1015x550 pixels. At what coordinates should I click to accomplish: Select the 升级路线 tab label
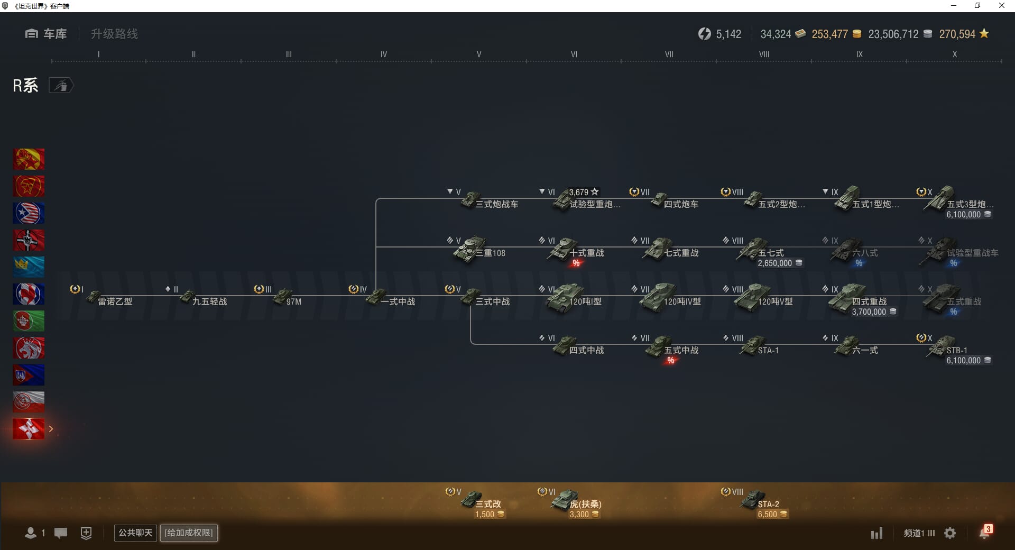[114, 34]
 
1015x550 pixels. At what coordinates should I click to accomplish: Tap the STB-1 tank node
[946, 350]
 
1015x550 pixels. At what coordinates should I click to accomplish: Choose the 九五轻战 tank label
[209, 301]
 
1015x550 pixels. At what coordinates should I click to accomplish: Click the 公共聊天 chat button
[135, 533]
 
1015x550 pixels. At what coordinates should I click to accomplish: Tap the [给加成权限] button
[189, 533]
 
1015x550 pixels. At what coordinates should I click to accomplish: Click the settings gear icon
[950, 533]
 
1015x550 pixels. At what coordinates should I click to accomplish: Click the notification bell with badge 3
[985, 532]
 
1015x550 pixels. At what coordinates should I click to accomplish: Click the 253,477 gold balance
[829, 34]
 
